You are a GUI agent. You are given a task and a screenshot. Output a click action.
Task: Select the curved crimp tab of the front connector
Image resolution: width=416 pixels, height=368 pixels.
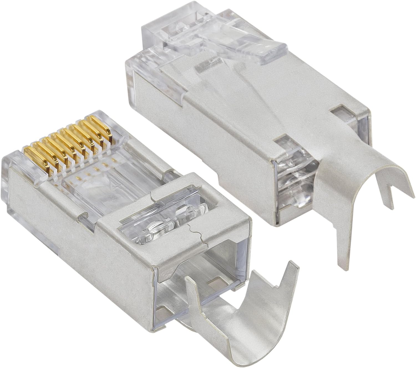[x=236, y=327]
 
